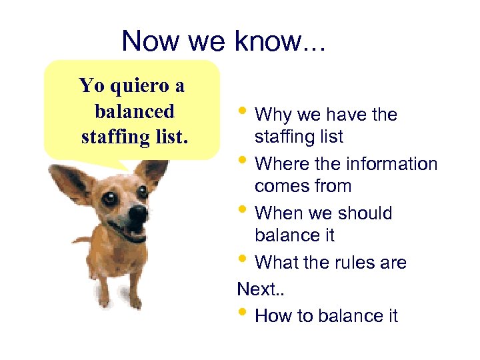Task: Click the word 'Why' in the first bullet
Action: tap(274, 115)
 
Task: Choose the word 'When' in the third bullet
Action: tap(279, 213)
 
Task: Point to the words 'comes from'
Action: tap(303, 186)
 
